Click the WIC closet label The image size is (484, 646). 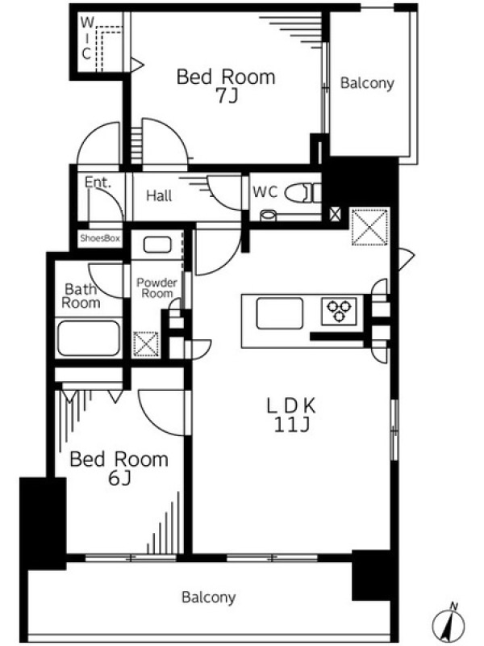click(86, 38)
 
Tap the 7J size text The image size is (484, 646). click(227, 96)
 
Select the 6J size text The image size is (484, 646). click(119, 478)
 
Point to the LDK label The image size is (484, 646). click(291, 406)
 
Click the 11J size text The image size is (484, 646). click(291, 425)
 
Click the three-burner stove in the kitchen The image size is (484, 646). click(339, 312)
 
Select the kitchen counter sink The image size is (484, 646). click(279, 313)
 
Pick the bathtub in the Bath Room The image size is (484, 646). click(89, 338)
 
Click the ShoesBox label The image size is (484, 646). click(100, 238)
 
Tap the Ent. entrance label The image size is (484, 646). click(98, 182)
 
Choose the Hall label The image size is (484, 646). click(159, 195)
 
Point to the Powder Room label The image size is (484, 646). click(156, 288)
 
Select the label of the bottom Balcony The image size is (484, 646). click(209, 598)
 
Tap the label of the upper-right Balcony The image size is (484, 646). click(367, 83)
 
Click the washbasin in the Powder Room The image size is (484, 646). click(157, 245)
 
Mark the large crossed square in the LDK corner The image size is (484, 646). click(370, 227)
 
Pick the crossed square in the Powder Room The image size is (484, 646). click(146, 344)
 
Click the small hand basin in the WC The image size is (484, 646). click(269, 215)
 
